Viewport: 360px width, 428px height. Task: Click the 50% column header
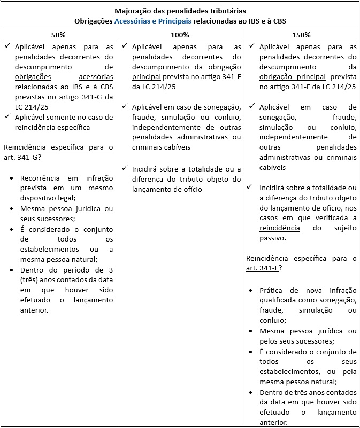(58, 35)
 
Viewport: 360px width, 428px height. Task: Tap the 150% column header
(302, 35)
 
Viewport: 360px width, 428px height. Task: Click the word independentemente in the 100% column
(164, 127)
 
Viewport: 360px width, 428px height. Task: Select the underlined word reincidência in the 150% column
(279, 228)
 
